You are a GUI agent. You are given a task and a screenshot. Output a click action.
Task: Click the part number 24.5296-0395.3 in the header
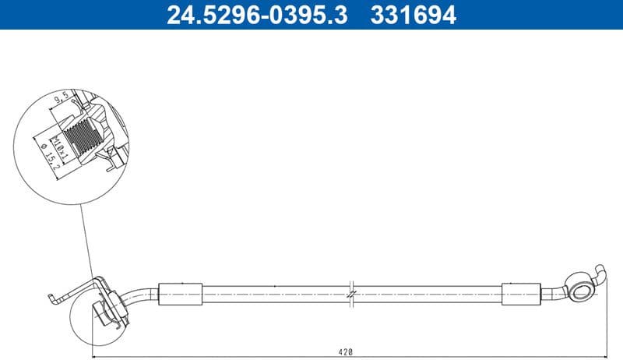[x=258, y=14]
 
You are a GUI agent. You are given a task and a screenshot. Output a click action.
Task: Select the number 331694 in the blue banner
[x=414, y=14]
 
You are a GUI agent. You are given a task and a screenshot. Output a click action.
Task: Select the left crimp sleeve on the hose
[x=180, y=295]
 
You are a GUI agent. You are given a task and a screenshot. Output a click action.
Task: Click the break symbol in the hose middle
[x=353, y=295]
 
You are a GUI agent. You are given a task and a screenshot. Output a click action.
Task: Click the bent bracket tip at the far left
[x=51, y=297]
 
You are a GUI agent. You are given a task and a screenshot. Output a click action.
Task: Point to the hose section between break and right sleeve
[x=428, y=295]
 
